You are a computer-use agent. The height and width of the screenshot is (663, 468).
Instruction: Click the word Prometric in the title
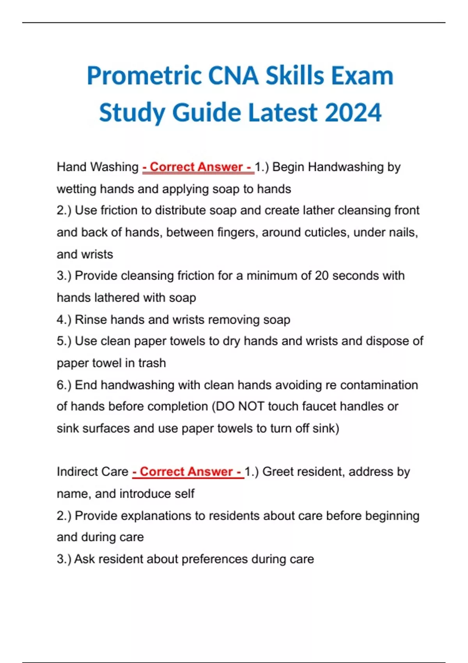(x=144, y=76)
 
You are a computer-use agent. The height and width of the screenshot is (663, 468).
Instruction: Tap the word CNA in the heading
(x=233, y=76)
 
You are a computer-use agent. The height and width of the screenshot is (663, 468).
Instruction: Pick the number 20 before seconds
(x=322, y=276)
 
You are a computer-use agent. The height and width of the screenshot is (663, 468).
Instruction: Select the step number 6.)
(x=64, y=385)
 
